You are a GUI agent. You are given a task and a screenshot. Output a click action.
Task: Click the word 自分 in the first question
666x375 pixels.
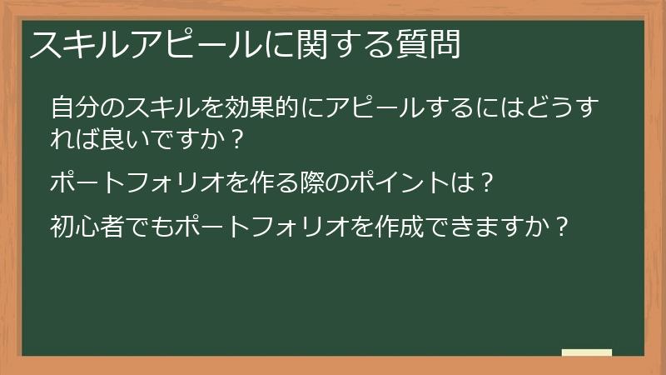[x=72, y=108]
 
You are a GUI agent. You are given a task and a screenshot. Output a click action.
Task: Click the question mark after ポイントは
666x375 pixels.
[x=489, y=182]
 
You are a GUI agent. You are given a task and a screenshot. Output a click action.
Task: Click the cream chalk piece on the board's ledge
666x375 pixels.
[x=586, y=352]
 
